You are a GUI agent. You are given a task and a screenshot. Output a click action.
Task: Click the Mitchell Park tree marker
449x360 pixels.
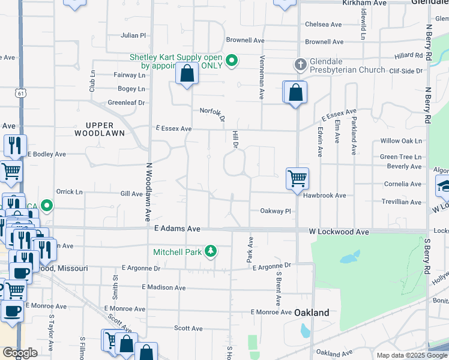click(210, 251)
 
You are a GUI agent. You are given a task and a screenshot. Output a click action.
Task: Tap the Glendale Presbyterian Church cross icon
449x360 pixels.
click(301, 64)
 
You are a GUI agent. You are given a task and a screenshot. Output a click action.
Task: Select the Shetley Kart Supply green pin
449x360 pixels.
click(232, 61)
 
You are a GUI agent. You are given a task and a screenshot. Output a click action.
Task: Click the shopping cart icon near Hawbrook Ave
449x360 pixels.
click(297, 178)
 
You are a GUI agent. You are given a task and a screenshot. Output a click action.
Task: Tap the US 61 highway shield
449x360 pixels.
click(22, 93)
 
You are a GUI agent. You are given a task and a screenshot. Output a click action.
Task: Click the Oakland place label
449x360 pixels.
click(312, 313)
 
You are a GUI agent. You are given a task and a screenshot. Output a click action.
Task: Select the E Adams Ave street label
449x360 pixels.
click(176, 229)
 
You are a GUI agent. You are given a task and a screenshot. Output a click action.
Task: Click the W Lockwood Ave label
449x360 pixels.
click(339, 231)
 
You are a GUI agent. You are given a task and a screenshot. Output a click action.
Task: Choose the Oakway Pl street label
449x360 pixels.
click(275, 211)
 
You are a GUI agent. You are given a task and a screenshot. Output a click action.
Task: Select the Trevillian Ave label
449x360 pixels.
click(402, 202)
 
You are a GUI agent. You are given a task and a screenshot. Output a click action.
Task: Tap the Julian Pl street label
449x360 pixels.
click(133, 36)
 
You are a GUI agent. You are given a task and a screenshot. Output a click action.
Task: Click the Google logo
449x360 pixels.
click(20, 353)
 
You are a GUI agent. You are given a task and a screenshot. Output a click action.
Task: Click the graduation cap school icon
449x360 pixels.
click(443, 187)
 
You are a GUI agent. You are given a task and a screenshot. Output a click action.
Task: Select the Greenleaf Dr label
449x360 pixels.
click(127, 103)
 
